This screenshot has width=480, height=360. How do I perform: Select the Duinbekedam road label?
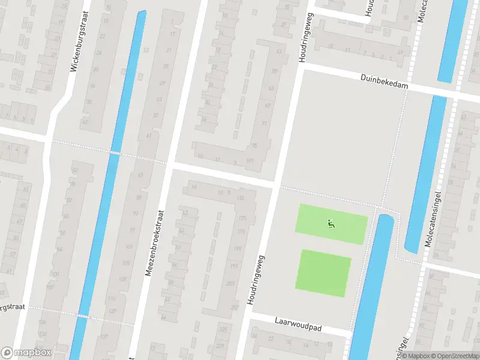[385, 82]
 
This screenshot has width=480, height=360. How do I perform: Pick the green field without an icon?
[323, 273]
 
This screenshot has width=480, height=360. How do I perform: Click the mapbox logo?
[26, 353]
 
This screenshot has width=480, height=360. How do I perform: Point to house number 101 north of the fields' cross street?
[250, 161]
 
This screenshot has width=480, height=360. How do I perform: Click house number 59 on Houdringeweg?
[274, 72]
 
